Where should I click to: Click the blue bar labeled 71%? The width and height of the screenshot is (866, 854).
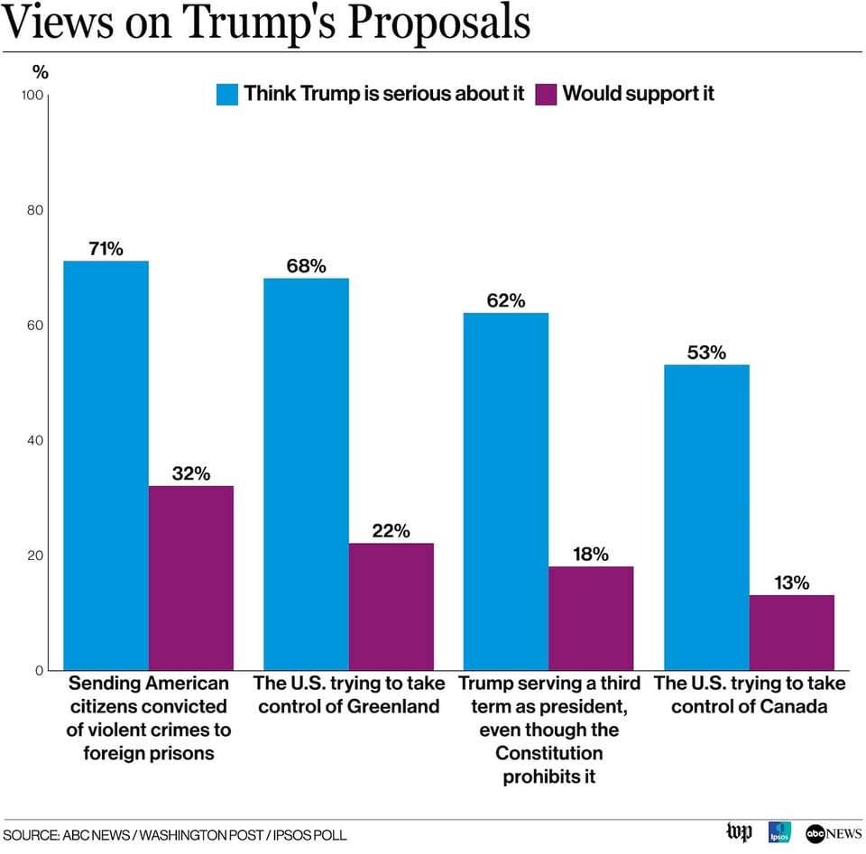[106, 464]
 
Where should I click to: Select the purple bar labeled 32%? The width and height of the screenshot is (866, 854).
[191, 577]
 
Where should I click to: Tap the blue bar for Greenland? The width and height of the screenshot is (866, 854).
[306, 473]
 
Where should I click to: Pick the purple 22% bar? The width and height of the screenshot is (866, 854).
[392, 606]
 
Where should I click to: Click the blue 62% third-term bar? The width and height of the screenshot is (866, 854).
[505, 491]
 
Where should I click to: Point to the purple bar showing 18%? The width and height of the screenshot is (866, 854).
[591, 618]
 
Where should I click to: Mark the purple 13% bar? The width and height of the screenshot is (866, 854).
[791, 632]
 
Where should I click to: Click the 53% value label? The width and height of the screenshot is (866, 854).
[706, 353]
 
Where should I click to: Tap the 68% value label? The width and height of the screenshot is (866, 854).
[306, 266]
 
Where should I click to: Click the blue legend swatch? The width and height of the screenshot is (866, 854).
[226, 94]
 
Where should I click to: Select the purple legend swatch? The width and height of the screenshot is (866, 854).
[546, 94]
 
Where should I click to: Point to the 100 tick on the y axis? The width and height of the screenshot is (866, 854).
[32, 95]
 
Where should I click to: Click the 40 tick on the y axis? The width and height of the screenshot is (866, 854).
[35, 440]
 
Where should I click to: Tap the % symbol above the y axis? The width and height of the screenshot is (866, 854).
[40, 71]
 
